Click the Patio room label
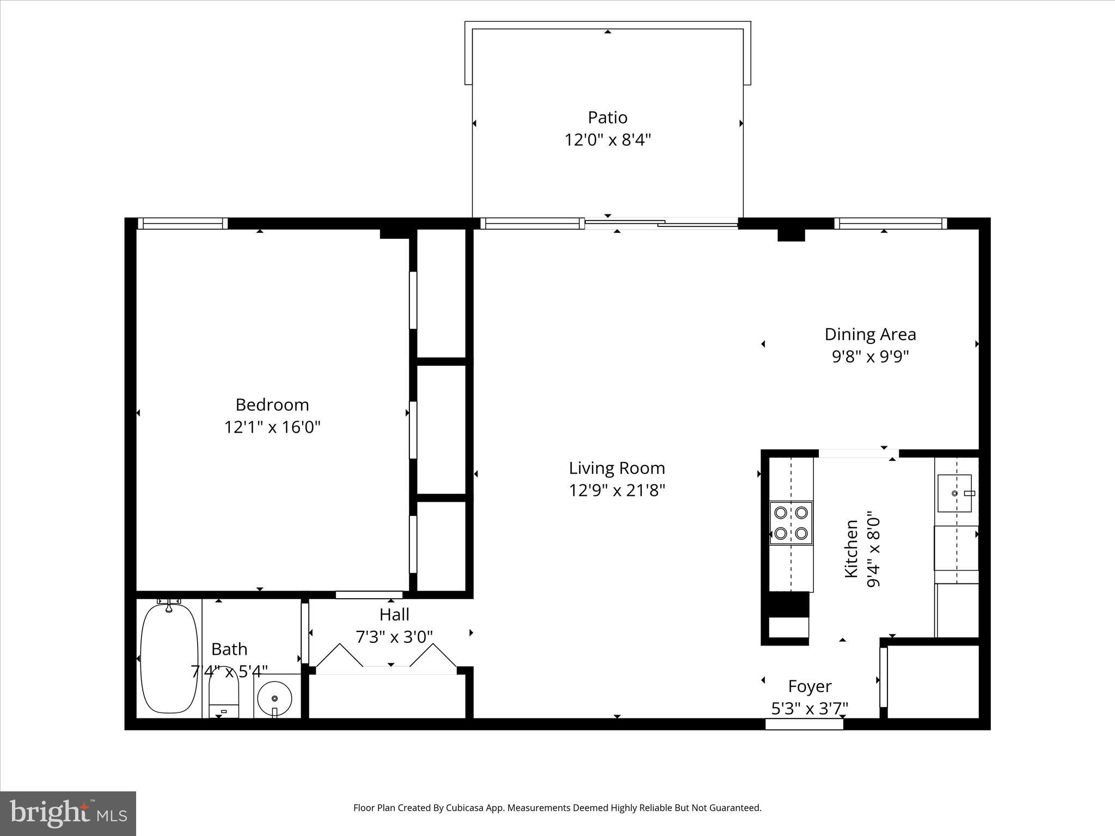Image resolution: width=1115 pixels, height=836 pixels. tap(607, 118)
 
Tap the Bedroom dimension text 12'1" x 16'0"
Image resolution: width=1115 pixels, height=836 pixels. tap(272, 427)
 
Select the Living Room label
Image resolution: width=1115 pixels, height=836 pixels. tap(617, 468)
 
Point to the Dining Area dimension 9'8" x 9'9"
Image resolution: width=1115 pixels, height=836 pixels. tap(870, 357)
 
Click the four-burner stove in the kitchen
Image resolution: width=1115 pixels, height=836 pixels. tap(791, 522)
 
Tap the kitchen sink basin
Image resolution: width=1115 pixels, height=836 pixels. tap(954, 493)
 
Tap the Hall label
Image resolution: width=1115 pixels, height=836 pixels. tap(394, 614)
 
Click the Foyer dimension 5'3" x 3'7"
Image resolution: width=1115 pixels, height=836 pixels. tap(810, 709)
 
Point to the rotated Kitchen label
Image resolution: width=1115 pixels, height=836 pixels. tap(851, 549)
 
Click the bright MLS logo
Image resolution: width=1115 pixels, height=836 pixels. tap(68, 813)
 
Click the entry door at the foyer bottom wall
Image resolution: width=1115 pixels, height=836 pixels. tap(804, 724)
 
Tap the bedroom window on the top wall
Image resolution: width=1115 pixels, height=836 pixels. tap(182, 223)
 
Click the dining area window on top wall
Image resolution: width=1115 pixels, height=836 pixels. tap(891, 223)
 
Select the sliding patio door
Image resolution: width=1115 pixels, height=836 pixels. tap(661, 223)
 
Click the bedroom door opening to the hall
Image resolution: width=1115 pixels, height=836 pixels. tap(369, 595)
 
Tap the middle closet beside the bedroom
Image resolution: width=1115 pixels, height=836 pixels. tap(441, 430)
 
